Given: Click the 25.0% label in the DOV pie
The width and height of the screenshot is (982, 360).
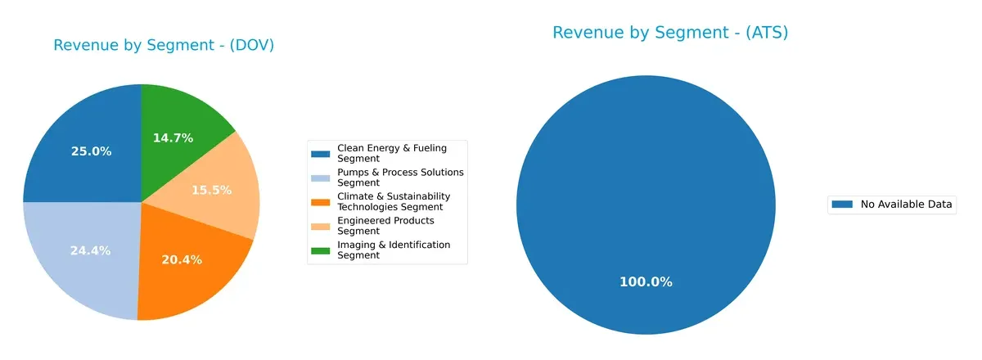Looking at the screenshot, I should [92, 151].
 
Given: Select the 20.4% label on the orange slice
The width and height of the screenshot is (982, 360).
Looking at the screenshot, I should [182, 259].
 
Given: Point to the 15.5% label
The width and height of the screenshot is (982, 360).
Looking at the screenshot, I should [211, 190].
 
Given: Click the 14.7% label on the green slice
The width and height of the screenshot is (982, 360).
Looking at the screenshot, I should [173, 138].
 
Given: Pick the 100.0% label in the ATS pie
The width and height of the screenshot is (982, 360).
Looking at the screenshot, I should [646, 281].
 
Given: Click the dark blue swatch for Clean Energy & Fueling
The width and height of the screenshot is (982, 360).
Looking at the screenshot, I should [320, 153].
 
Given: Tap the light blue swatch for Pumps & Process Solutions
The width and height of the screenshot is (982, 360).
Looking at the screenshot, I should [320, 177].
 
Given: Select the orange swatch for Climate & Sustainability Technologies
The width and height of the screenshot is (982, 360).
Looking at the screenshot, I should [320, 201].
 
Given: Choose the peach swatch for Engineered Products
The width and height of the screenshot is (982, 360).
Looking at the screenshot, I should [320, 226].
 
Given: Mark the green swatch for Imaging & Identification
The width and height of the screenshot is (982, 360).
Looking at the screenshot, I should [320, 250].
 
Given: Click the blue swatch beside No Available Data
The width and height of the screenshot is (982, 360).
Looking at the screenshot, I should [842, 205].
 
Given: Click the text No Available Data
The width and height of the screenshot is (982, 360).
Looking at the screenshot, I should [906, 205].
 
